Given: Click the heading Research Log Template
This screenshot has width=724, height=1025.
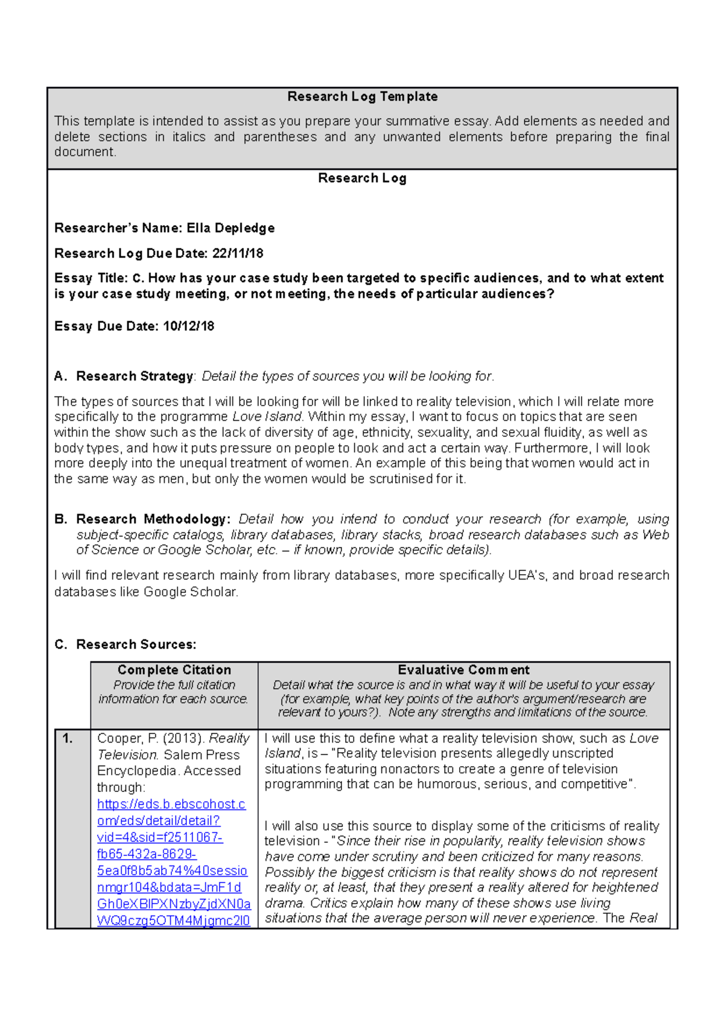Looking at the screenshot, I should tap(362, 97).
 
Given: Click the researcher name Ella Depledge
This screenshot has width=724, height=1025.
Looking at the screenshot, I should tap(230, 228).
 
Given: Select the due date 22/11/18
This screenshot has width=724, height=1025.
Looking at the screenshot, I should tap(238, 254).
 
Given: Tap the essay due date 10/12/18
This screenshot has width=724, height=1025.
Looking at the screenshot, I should tap(189, 327).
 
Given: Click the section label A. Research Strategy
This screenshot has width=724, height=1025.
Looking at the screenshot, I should tap(124, 377).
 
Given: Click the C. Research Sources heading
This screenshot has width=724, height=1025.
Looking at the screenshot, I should tap(125, 645).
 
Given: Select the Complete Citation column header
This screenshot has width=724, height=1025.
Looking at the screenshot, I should tap(174, 670).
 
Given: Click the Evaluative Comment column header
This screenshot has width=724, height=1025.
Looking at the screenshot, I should tap(463, 670).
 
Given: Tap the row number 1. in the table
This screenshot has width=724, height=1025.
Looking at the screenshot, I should tap(68, 738).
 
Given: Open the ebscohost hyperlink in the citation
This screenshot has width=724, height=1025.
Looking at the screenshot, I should tap(171, 805).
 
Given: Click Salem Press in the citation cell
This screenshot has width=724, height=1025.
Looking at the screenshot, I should tap(202, 755).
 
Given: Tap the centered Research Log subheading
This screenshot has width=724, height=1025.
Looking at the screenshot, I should tap(362, 179).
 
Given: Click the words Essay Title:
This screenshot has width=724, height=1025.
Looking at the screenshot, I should tap(91, 278).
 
